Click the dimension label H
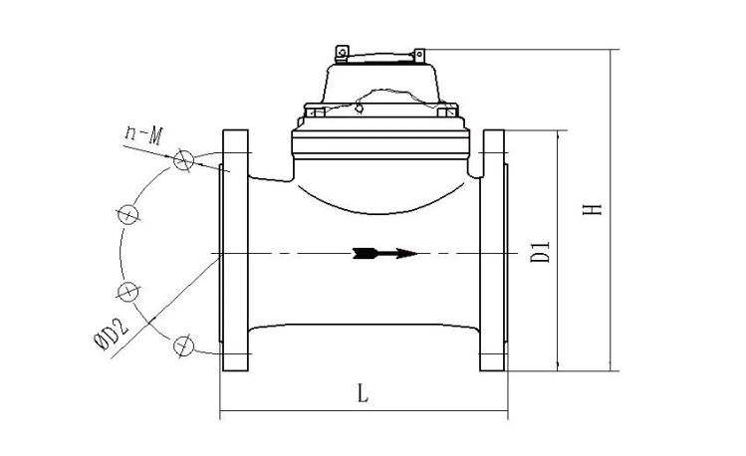pos(593,209)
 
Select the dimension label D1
pos(540,252)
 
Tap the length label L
pos(363,393)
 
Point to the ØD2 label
pos(111,335)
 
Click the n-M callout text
pos(144,135)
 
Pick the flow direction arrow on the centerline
pos(384,254)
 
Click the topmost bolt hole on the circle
pos(183,159)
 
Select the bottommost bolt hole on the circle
pos(183,345)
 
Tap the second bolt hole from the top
pos(127,214)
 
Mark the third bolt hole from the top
pos(127,291)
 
